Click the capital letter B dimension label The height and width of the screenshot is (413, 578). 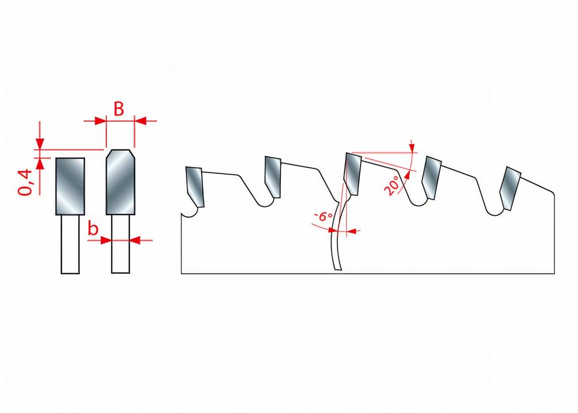(x=118, y=109)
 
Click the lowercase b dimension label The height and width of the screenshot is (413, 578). (x=93, y=228)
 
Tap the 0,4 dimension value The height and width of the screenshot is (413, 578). (x=25, y=182)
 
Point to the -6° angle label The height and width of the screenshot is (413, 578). (x=323, y=216)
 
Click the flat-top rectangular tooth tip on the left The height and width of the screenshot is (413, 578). (x=70, y=186)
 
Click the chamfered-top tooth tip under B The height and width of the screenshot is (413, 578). (x=121, y=182)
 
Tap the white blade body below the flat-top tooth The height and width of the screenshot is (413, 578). (x=70, y=244)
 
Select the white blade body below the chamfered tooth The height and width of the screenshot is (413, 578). (x=121, y=244)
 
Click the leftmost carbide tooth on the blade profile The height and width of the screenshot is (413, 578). (x=195, y=187)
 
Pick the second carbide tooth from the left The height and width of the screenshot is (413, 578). (x=273, y=177)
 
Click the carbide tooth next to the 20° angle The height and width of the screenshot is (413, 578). (x=352, y=174)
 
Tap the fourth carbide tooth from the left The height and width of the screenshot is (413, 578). (x=431, y=178)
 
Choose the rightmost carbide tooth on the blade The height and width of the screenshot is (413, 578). (x=510, y=189)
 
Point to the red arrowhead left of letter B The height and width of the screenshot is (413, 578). (x=100, y=120)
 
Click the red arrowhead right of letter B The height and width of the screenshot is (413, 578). (x=140, y=120)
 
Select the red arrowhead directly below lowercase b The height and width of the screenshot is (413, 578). (x=106, y=241)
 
